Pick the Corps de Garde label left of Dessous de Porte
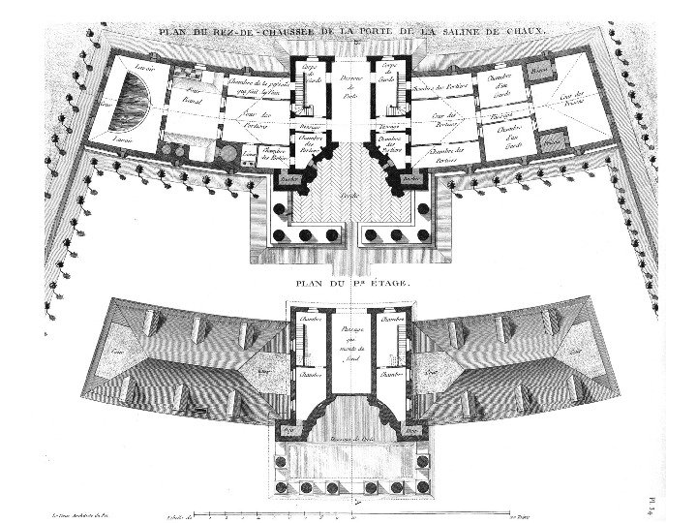coord(312,74)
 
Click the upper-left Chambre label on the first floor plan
coord(308,319)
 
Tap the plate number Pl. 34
coord(682,494)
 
